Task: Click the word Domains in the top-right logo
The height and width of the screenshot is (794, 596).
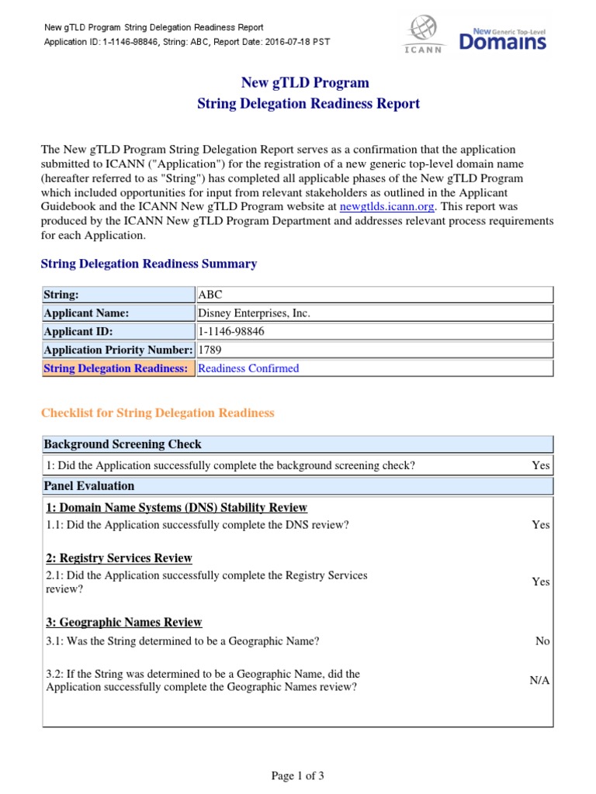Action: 502,43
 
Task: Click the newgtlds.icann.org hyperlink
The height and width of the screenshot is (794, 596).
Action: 387,206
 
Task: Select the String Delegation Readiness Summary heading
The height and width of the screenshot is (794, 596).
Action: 148,264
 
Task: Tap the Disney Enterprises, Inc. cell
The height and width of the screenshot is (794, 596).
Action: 255,313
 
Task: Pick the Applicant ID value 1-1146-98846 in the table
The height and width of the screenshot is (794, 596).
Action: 232,331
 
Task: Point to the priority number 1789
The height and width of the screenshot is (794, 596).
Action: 210,350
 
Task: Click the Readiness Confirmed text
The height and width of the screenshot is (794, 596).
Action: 248,368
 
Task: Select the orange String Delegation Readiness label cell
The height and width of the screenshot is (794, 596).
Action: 116,368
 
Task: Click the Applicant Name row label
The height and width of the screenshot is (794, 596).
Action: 86,313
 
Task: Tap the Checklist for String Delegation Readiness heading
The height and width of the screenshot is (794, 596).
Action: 158,413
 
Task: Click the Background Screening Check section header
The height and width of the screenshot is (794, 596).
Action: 123,444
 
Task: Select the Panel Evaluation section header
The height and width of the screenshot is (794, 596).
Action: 89,486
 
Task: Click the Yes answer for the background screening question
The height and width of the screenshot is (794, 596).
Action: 540,465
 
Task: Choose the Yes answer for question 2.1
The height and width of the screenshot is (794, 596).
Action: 540,582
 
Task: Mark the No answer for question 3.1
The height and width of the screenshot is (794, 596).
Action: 542,641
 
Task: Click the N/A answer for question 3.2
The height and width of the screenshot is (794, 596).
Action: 539,680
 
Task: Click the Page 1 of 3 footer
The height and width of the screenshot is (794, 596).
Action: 297,775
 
